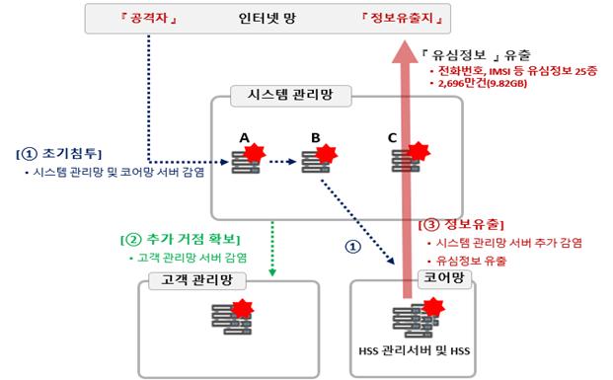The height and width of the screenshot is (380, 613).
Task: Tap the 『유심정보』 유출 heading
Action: [468, 53]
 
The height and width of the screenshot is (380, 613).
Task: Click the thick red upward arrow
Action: [408, 178]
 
